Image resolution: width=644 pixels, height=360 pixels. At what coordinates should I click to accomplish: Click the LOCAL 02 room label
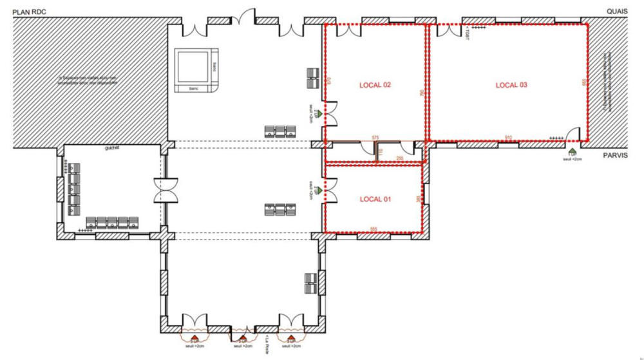click(x=375, y=85)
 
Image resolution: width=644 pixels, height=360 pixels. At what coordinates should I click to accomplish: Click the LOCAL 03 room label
click(x=512, y=85)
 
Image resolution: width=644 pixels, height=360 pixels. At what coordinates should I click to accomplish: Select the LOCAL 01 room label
click(x=375, y=200)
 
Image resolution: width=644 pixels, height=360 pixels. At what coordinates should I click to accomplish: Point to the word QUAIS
click(x=617, y=12)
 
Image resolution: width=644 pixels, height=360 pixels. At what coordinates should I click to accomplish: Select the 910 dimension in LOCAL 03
click(x=509, y=137)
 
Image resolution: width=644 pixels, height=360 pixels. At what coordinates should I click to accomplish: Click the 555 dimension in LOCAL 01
click(x=374, y=229)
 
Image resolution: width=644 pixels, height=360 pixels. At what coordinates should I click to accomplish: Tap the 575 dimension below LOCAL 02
click(x=376, y=137)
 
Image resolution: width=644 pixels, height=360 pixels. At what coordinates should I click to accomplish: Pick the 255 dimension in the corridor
click(x=400, y=158)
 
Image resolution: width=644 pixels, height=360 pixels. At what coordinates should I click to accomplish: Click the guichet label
click(x=113, y=148)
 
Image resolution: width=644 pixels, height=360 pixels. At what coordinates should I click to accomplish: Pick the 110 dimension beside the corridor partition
click(x=380, y=152)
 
